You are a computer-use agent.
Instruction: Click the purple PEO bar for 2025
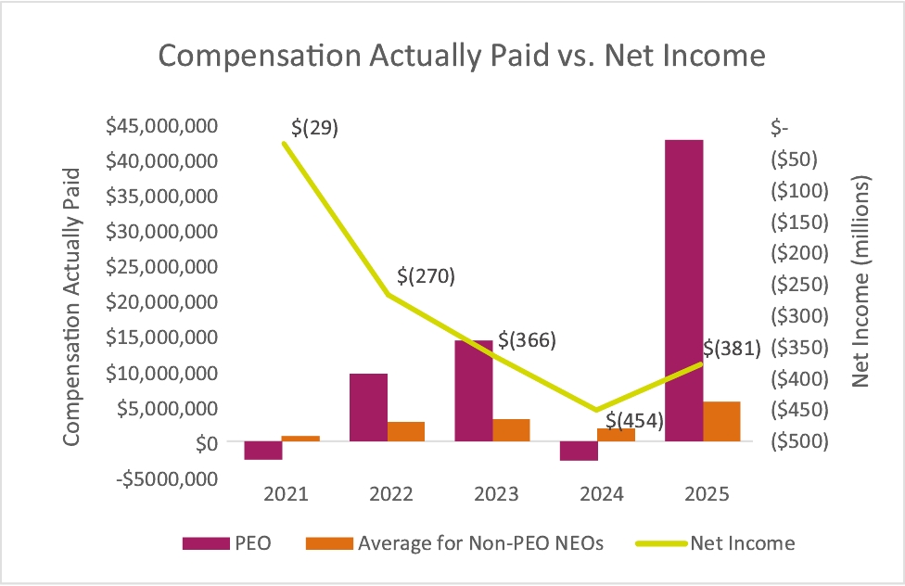pyautogui.click(x=683, y=290)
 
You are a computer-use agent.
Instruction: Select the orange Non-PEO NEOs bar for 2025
pyautogui.click(x=721, y=422)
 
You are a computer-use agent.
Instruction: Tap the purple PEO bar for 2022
pyautogui.click(x=368, y=407)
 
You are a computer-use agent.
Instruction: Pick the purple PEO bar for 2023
pyautogui.click(x=474, y=390)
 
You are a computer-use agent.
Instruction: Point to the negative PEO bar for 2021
pyautogui.click(x=263, y=451)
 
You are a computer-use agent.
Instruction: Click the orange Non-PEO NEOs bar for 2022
pyautogui.click(x=406, y=432)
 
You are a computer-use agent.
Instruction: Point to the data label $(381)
pyautogui.click(x=732, y=349)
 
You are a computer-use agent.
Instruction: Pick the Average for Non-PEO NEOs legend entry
pyautogui.click(x=479, y=543)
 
